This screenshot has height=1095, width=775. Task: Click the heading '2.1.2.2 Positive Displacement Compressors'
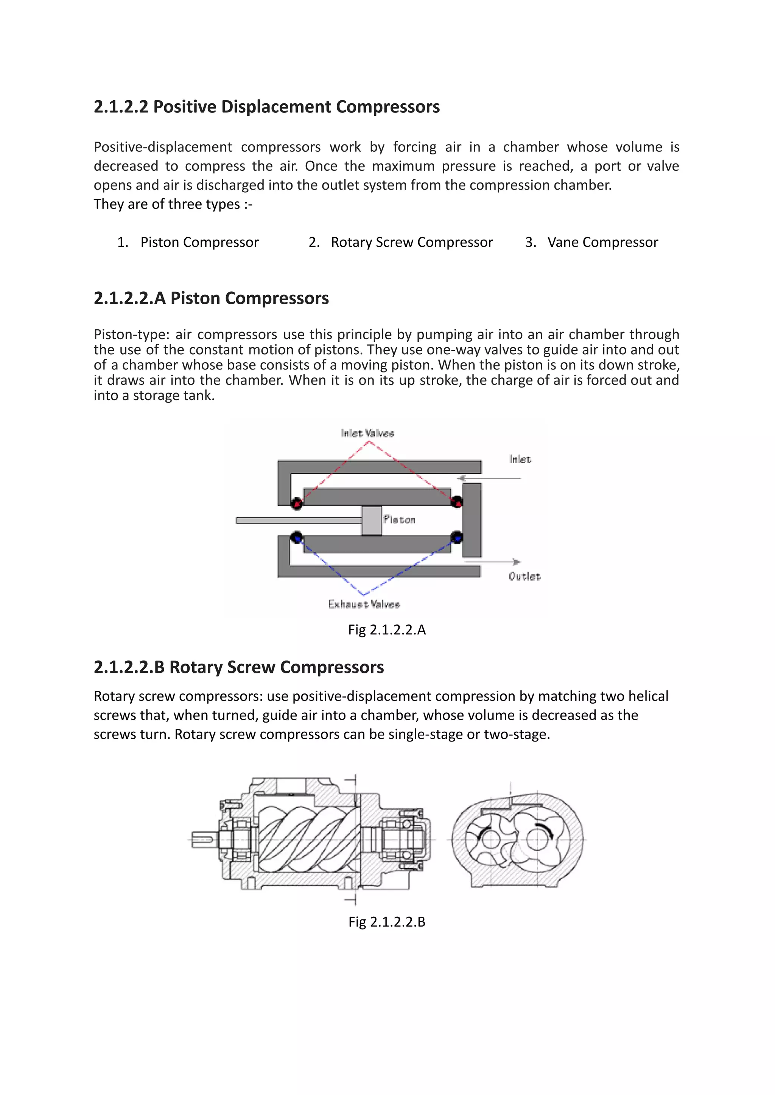click(x=266, y=106)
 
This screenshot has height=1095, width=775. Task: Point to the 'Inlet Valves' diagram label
click(x=367, y=433)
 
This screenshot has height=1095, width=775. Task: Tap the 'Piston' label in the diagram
click(x=400, y=519)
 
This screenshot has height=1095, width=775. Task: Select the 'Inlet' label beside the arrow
click(x=520, y=459)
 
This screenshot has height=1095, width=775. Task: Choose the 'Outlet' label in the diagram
click(x=524, y=576)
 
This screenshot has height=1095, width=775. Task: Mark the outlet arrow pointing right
click(x=494, y=562)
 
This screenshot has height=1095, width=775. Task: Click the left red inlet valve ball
click(x=297, y=503)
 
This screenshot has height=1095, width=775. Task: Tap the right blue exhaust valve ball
click(x=457, y=537)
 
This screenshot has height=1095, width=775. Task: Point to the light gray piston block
click(x=371, y=520)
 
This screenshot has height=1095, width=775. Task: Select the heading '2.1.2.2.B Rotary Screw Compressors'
click(x=239, y=667)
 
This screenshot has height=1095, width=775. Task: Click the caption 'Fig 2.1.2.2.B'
click(x=386, y=921)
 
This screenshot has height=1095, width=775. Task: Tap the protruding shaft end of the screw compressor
click(x=203, y=839)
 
